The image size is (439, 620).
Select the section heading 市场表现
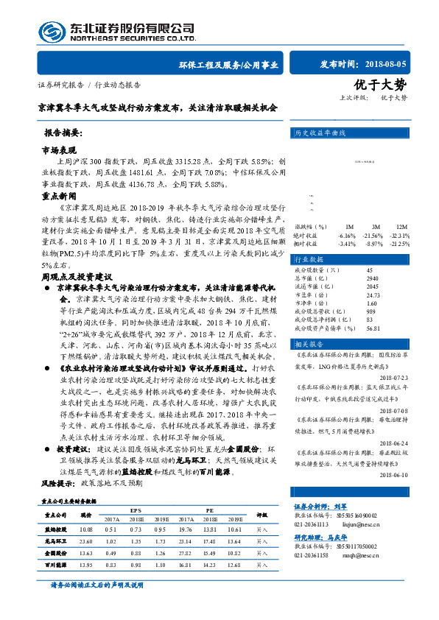tap(59, 149)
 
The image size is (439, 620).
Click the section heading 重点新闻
tap(59, 197)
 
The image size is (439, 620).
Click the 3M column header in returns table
tap(376, 226)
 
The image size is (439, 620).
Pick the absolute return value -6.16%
tap(345, 234)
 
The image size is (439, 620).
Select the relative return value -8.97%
tap(375, 243)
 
